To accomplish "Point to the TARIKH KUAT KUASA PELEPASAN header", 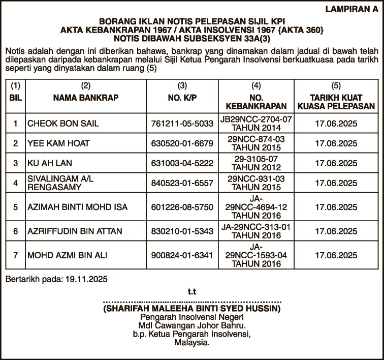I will tap(336, 102).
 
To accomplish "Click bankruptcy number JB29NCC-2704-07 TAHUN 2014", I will tap(256, 124).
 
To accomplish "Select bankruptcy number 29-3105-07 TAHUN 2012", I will tap(256, 163).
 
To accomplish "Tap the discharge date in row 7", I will tap(336, 255).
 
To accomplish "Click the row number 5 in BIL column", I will tap(16, 207).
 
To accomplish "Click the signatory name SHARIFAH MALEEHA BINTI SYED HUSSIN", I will tap(191, 309).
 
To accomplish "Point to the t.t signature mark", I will tap(191, 292).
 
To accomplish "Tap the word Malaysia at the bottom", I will tap(191, 343).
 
